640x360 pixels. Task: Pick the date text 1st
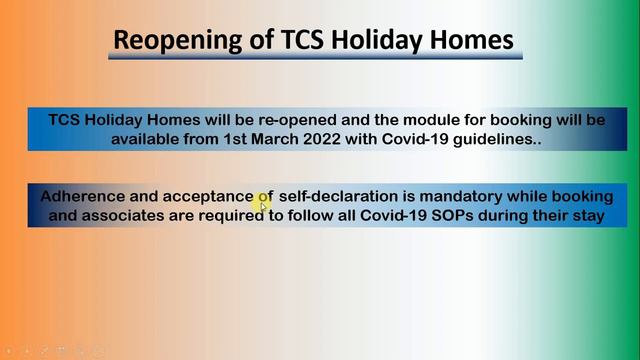252,140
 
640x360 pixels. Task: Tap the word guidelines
496,140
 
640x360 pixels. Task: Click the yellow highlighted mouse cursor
264,205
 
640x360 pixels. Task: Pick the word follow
310,216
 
